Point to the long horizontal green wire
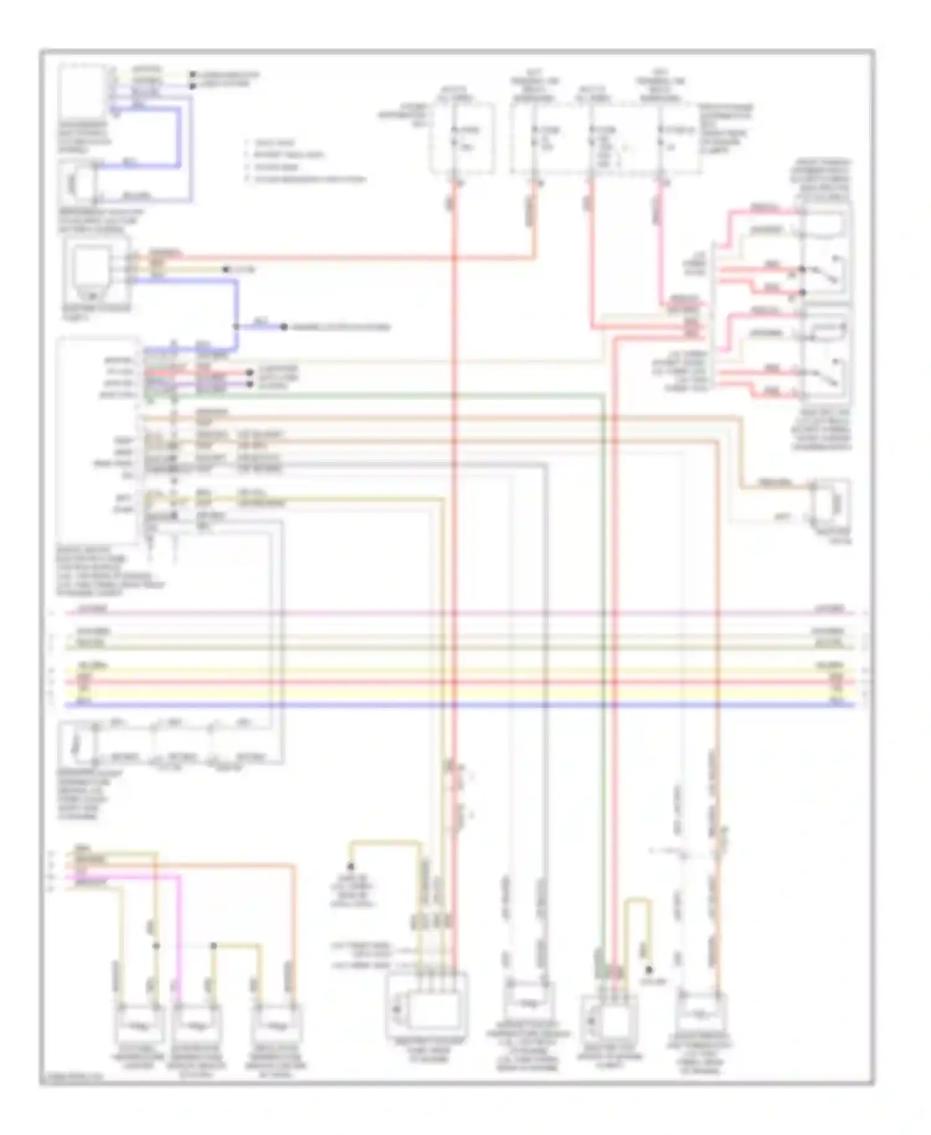pyautogui.click(x=372, y=394)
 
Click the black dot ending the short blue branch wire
pyautogui.click(x=284, y=327)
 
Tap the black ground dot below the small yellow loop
pyautogui.click(x=649, y=970)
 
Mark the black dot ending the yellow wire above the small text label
pyautogui.click(x=351, y=866)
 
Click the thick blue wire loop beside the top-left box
pyautogui.click(x=180, y=137)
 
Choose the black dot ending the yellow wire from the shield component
pyautogui.click(x=227, y=269)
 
